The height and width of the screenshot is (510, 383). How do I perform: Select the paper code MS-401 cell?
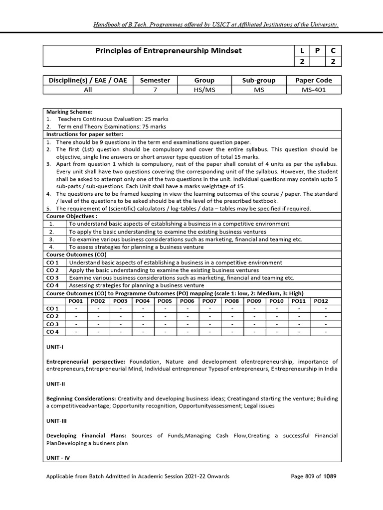(314, 90)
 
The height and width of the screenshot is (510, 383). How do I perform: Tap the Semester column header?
(155, 80)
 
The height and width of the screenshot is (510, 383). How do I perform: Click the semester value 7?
(155, 90)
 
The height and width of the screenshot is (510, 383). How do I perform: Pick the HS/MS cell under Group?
(204, 90)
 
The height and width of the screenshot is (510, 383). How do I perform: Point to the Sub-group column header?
(259, 80)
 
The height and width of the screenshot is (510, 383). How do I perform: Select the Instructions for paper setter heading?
(84, 134)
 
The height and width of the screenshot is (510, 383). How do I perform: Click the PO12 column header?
(321, 300)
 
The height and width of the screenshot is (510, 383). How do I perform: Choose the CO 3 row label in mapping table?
(53, 324)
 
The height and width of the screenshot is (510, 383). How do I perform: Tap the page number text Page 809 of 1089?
(314, 476)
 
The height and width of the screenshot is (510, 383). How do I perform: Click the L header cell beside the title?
(302, 51)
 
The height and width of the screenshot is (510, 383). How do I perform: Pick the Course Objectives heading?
(72, 216)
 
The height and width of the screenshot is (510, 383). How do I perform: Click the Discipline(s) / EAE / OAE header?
(88, 80)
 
